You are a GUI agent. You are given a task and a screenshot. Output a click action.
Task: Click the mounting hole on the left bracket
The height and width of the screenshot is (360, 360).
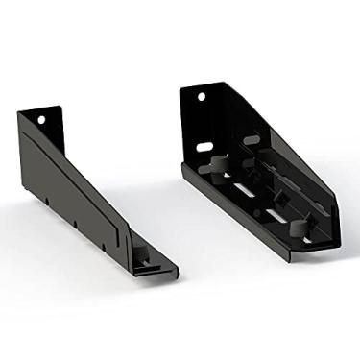[x=43, y=120]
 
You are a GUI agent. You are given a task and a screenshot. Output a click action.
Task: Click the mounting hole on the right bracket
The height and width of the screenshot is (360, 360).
[x=204, y=97]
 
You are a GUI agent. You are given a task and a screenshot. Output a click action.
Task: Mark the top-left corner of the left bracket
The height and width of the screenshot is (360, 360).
[x=18, y=112]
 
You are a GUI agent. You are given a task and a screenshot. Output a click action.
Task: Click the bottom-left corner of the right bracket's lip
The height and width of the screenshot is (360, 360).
[x=182, y=171]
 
